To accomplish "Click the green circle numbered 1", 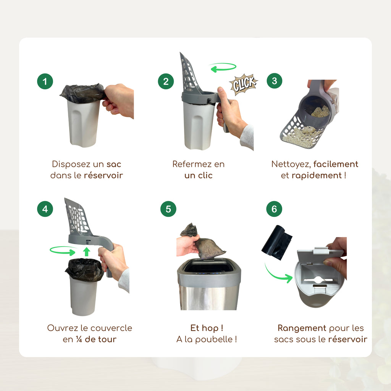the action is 45,81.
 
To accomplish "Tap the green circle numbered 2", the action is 166,81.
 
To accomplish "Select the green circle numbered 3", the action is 274,81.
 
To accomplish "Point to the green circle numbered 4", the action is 45,209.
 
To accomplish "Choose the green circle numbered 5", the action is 168,209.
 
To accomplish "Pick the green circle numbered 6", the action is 274,209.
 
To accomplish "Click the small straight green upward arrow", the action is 87,252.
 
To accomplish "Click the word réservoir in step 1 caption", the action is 103,175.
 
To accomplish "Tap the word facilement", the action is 336,164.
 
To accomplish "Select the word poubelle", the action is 214,339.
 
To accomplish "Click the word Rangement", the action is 302,328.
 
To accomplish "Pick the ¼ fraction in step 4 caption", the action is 79,339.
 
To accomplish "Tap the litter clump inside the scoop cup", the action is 321,111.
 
